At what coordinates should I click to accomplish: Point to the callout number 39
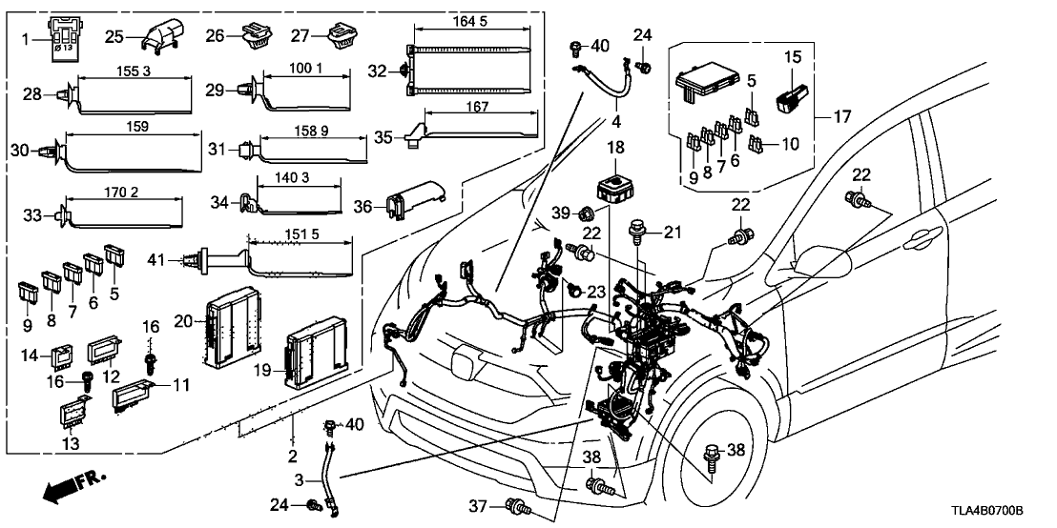coord(559,212)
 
